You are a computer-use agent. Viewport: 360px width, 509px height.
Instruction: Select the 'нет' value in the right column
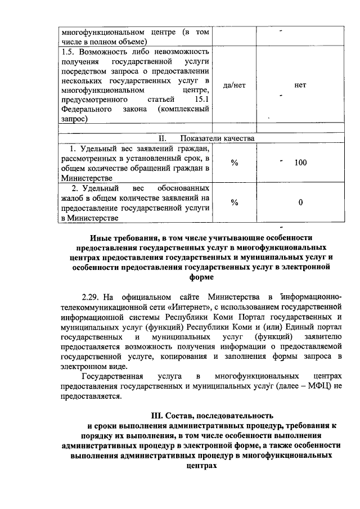pos(300,85)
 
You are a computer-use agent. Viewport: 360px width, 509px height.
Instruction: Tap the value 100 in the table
pos(300,163)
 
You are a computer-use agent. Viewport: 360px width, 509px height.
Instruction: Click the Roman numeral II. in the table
pos(163,138)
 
